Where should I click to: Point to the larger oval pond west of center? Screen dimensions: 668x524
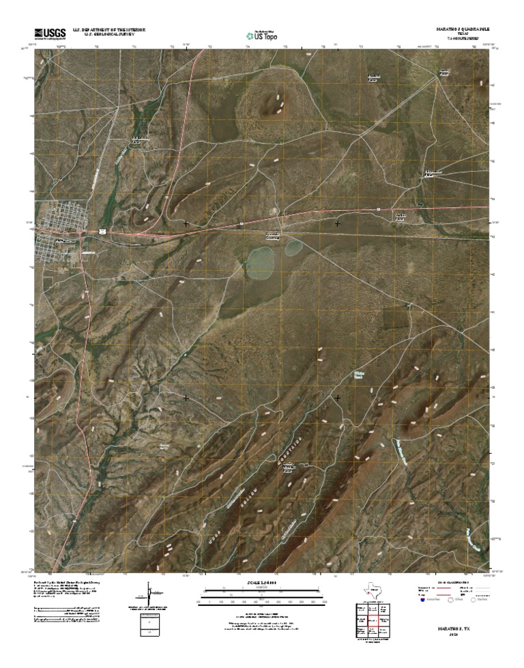(x=260, y=260)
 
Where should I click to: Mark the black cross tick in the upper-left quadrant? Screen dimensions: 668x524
(x=186, y=223)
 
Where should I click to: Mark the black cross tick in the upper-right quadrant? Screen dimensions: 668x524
(x=337, y=223)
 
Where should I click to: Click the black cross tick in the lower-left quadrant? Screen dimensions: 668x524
(x=186, y=396)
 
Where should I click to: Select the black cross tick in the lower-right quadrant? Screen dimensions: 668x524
(x=337, y=396)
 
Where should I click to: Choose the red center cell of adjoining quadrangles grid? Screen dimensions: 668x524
(x=373, y=620)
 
